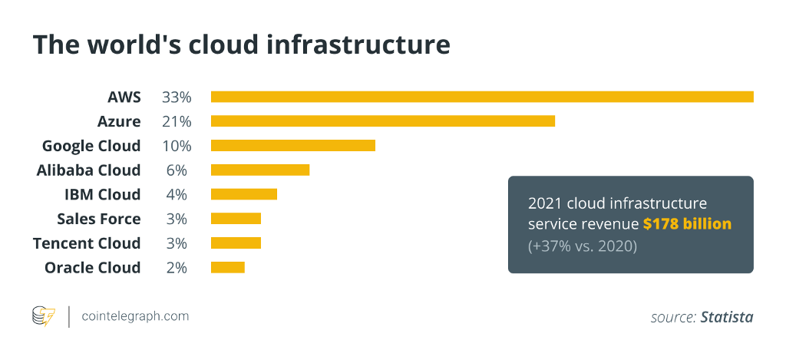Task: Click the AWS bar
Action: click(482, 97)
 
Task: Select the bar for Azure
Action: click(382, 121)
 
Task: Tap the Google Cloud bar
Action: click(292, 146)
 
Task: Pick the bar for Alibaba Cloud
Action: click(259, 170)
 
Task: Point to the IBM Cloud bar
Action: click(243, 194)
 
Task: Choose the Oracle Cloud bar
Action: click(227, 267)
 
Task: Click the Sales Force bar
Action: click(236, 219)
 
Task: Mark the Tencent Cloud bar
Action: click(236, 243)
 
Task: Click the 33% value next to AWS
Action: click(176, 97)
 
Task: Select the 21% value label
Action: click(176, 121)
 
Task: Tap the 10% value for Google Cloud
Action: click(176, 146)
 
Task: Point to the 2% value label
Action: click(176, 267)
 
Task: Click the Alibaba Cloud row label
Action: click(88, 170)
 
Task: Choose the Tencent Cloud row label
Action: click(87, 243)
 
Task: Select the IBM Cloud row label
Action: click(102, 194)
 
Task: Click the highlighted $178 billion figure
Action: click(687, 224)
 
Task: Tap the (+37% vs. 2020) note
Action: click(582, 246)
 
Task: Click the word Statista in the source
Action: click(726, 317)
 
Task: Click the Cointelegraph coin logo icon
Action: click(43, 316)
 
